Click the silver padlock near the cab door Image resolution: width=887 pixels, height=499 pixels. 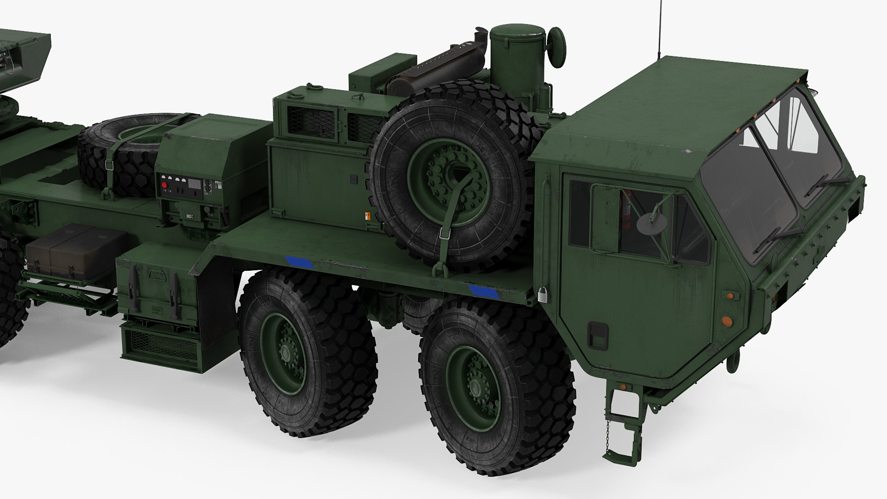tap(543, 295)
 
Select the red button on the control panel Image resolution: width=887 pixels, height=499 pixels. tap(164, 185)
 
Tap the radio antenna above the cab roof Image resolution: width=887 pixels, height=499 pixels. tap(659, 28)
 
